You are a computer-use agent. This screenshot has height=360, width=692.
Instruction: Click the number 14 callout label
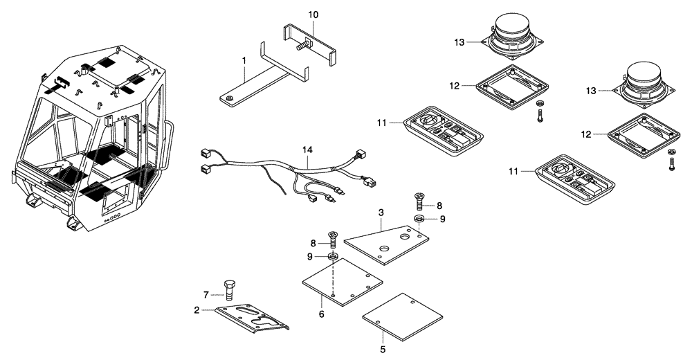point(307,150)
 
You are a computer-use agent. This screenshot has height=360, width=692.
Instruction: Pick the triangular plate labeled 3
point(386,243)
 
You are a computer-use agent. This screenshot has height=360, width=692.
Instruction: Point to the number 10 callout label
point(313,15)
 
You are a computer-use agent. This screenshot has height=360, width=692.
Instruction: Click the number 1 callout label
point(244,61)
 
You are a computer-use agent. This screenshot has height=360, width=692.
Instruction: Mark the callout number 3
point(380,213)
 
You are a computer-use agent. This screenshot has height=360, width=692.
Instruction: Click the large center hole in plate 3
point(385,247)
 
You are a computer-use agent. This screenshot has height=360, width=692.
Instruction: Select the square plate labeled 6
point(343,283)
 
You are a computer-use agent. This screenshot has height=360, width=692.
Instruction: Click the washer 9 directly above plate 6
point(333,258)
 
